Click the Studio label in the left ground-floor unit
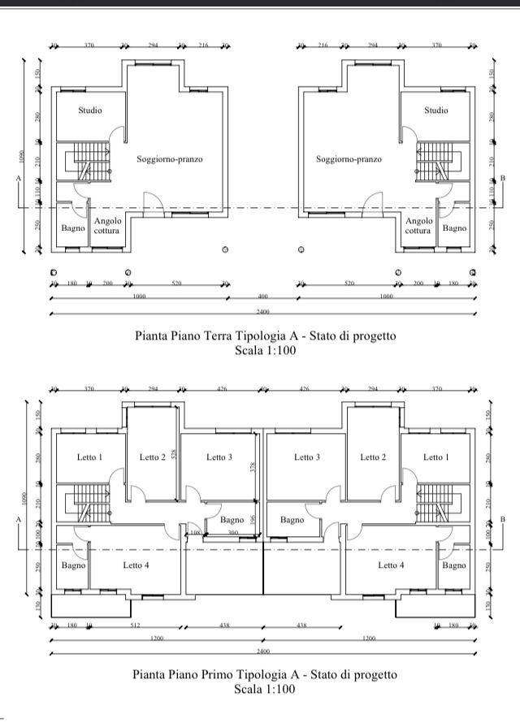[90, 110]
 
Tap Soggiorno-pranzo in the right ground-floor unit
[349, 159]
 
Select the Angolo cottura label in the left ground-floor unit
[107, 226]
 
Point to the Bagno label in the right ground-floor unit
[454, 228]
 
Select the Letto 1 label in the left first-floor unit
[90, 457]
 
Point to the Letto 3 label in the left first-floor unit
[219, 457]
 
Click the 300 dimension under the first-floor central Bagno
[232, 533]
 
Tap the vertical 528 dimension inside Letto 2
[174, 456]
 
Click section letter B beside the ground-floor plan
[503, 178]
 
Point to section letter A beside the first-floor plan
[18, 518]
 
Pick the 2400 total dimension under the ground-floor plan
[262, 312]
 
